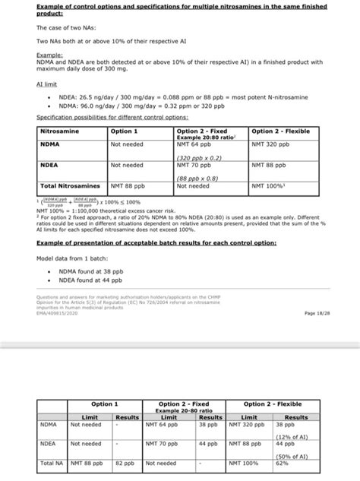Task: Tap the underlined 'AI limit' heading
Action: point(48,86)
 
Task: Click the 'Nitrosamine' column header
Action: point(61,131)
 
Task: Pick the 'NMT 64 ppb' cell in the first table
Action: point(192,144)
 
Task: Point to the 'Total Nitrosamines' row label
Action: point(71,185)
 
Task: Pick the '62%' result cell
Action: point(282,462)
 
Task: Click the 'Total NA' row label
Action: point(52,462)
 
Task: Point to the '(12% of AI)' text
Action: point(291,437)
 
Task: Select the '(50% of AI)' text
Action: point(291,456)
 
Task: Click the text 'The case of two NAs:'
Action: point(65,27)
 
